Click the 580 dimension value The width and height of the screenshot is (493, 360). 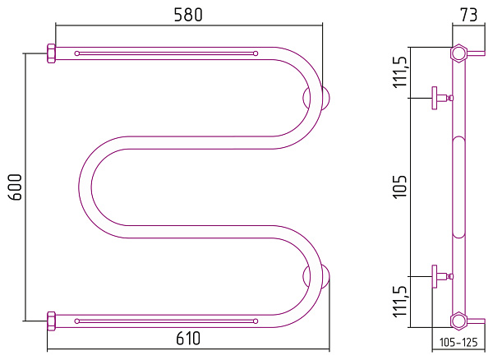188,15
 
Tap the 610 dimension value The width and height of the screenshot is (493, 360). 188,339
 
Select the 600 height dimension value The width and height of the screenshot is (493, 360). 16,187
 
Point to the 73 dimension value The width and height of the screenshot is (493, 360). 468,15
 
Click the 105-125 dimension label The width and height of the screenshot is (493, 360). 458,342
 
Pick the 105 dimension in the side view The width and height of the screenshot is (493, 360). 400,187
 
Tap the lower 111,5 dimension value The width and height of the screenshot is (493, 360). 400,302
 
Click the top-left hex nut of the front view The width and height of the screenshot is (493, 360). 51,53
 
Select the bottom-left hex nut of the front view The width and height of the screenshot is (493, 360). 51,321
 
